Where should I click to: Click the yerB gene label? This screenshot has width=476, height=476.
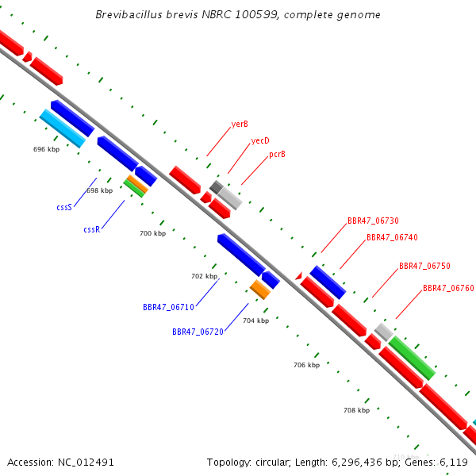(240, 125)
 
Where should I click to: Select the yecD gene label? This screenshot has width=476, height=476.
(260, 141)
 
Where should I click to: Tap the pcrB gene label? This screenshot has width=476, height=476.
(277, 155)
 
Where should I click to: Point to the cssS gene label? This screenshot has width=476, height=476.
(64, 207)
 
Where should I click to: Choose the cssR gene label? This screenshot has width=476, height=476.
(92, 229)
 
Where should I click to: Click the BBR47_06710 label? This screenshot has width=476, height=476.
(168, 307)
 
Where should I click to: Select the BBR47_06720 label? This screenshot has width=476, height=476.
(198, 332)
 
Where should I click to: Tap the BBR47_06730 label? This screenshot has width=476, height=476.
(373, 221)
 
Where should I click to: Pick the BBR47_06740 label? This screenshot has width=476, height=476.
(392, 237)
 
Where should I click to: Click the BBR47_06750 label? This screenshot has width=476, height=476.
(424, 266)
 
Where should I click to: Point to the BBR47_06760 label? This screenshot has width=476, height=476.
(448, 288)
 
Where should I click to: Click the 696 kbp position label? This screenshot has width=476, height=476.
(47, 149)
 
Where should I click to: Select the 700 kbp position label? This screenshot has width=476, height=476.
(152, 233)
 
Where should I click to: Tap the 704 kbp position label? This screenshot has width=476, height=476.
(256, 321)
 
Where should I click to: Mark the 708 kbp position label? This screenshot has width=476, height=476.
(357, 410)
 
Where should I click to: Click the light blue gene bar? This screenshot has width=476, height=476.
(63, 129)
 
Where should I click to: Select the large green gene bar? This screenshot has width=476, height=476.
(412, 358)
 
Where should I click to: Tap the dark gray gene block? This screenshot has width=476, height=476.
(217, 187)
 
